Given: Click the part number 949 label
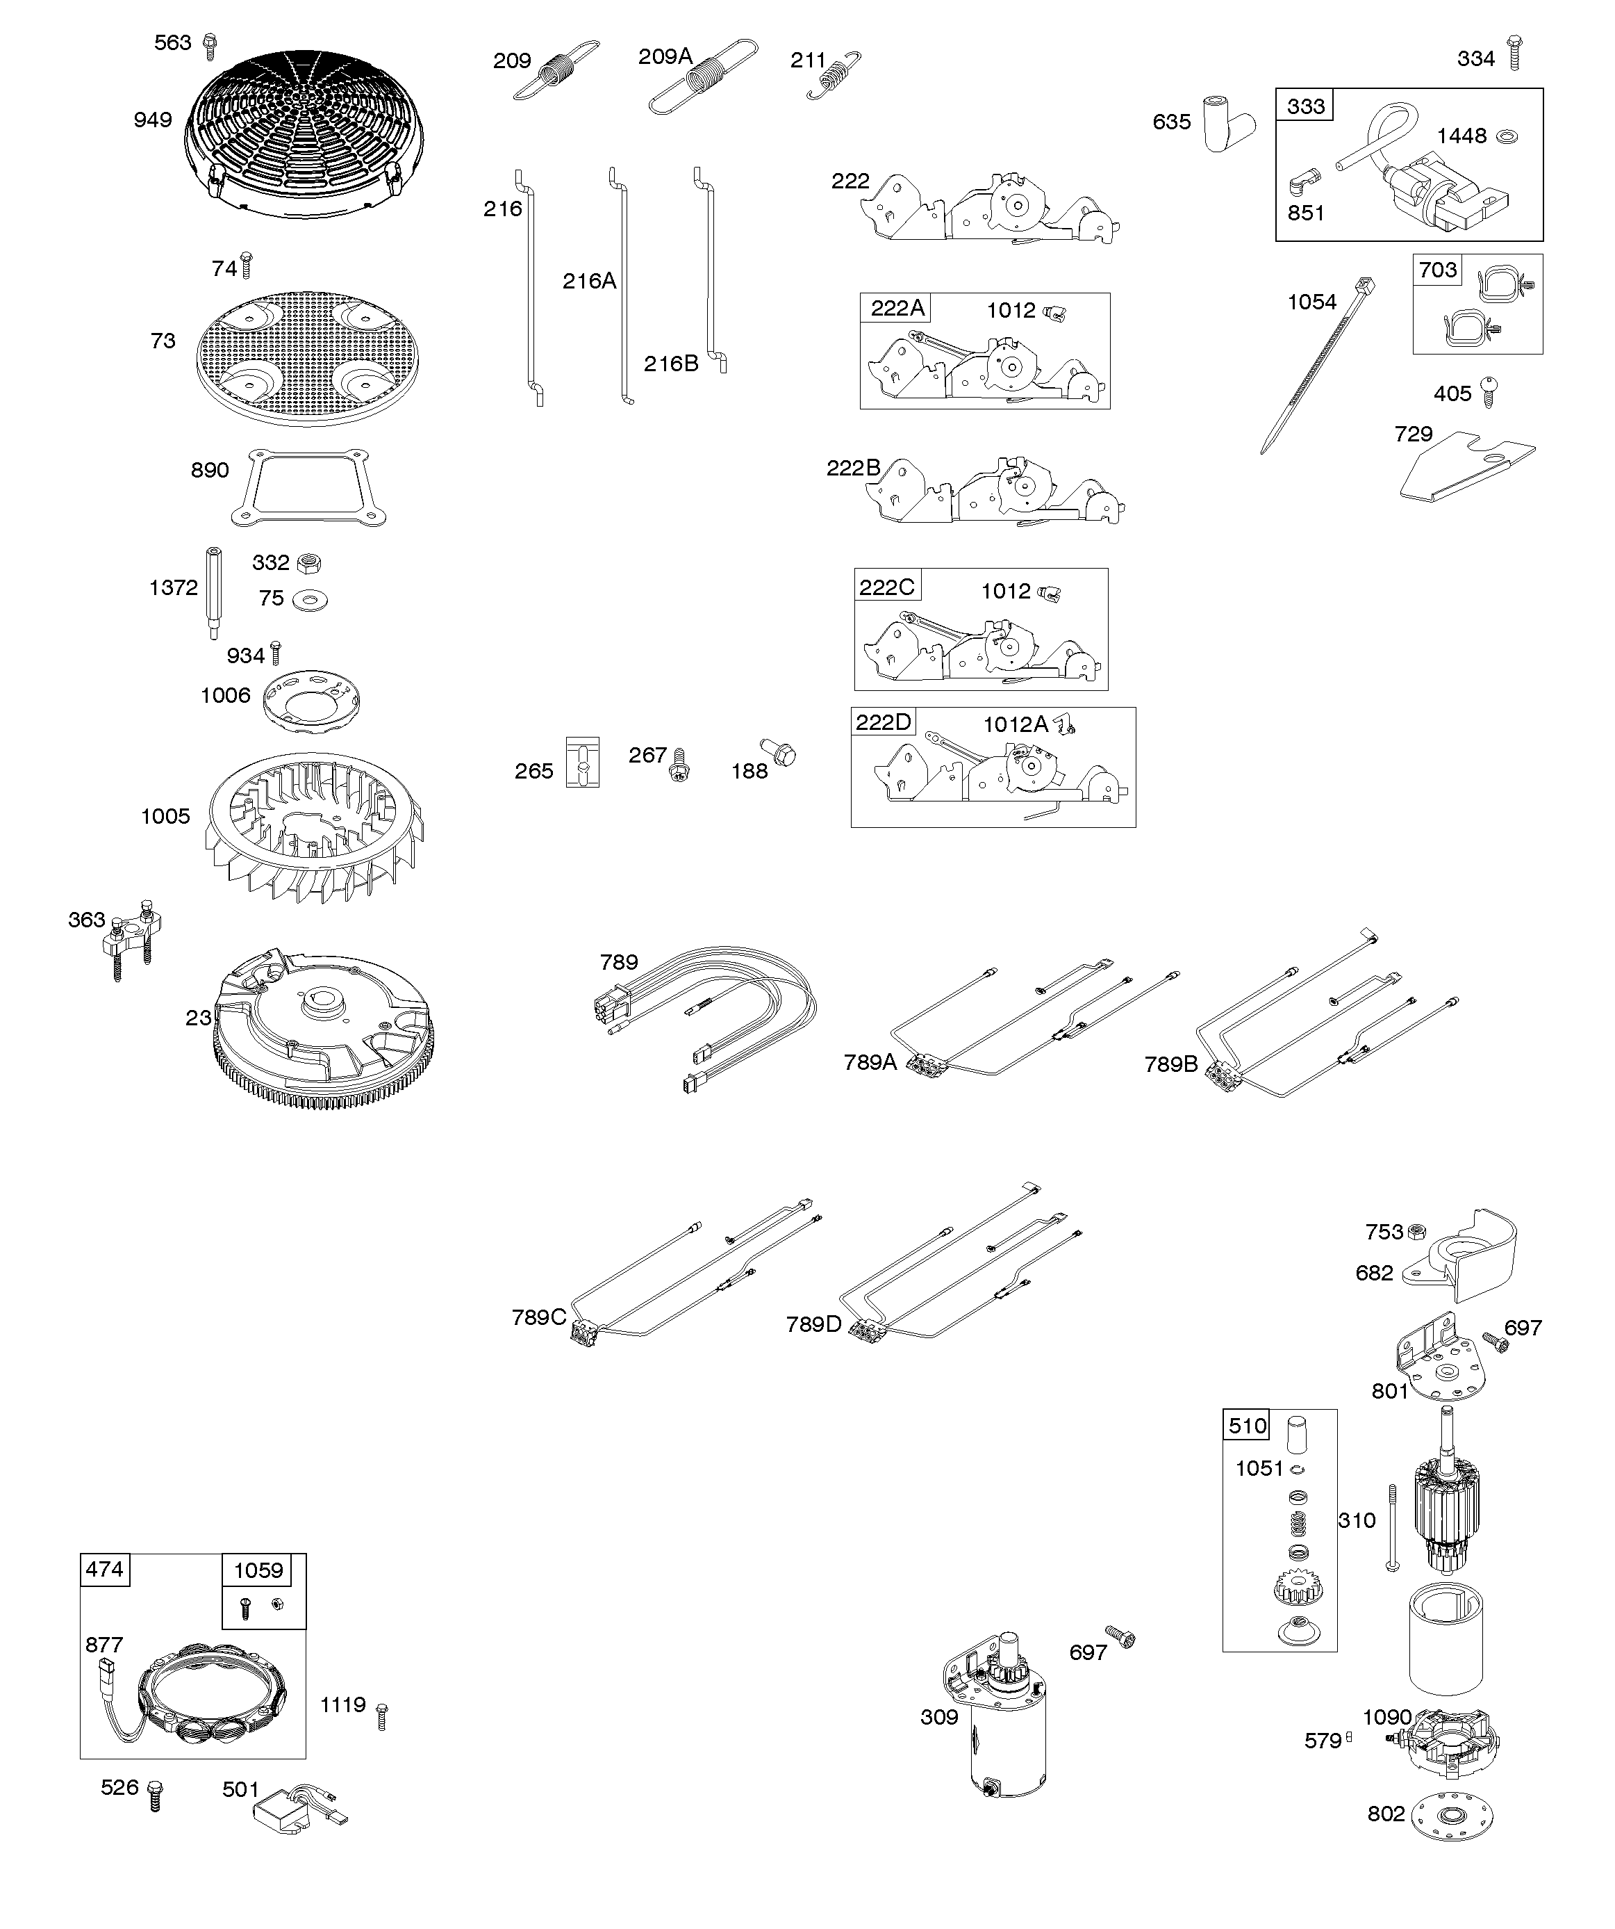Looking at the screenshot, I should [x=152, y=120].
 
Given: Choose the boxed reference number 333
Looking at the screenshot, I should [x=1305, y=106].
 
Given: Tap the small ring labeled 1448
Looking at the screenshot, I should [x=1507, y=137].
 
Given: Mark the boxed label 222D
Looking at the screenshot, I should [x=884, y=722].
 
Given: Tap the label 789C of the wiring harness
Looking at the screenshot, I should [x=538, y=1317].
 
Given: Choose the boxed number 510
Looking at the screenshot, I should [x=1247, y=1426].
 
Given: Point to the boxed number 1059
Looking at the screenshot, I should [x=258, y=1570].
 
